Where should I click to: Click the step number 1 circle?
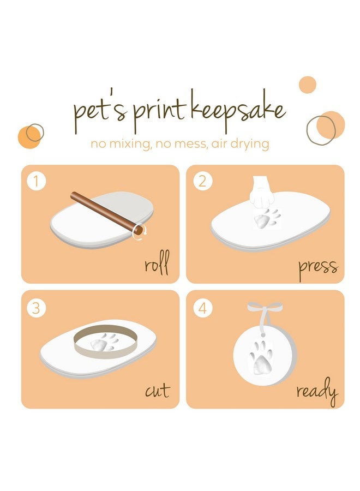click(37, 181)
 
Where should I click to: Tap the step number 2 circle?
click(202, 181)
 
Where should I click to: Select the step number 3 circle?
click(37, 308)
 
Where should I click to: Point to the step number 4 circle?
click(202, 308)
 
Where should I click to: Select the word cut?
click(157, 391)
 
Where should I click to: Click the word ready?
click(316, 392)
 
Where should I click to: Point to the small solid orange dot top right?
click(308, 85)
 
